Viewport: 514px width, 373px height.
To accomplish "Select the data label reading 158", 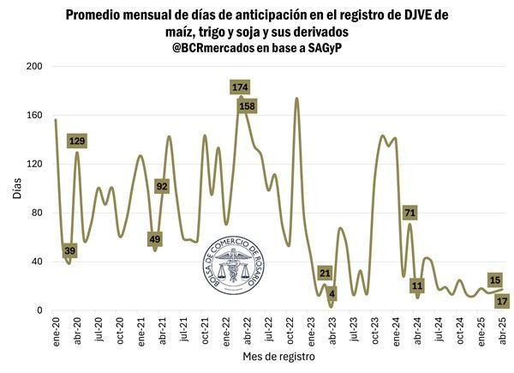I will tap(248, 106).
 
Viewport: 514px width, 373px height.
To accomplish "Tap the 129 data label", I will tap(78, 141).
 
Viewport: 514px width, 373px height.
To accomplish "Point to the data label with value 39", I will tap(70, 250).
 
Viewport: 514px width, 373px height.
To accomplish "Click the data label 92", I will tap(162, 186).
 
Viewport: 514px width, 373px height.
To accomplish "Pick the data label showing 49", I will tap(155, 239).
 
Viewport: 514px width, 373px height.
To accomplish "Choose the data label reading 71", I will tap(409, 212).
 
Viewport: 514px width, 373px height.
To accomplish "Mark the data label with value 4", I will tap(332, 294).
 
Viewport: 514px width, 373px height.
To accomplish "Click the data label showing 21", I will tap(325, 274).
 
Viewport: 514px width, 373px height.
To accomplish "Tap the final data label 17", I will tap(502, 301).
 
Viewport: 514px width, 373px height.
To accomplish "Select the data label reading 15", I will tap(495, 280).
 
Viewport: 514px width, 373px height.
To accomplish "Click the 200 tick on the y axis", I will tap(35, 67).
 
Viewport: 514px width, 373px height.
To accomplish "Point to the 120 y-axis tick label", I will tap(35, 165).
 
